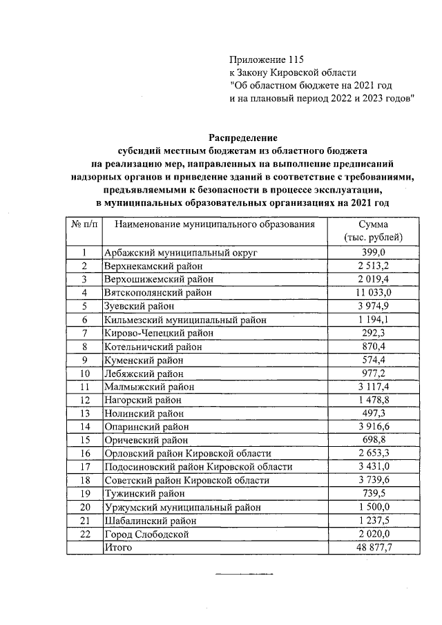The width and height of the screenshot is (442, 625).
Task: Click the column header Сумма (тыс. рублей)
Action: point(373,231)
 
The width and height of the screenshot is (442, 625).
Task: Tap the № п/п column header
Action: point(84,224)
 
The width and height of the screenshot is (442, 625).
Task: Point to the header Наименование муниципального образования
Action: point(215,224)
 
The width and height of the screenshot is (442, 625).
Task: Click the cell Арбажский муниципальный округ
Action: point(180,253)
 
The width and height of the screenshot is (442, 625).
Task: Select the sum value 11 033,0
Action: point(373,293)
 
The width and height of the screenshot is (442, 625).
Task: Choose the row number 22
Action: point(84,534)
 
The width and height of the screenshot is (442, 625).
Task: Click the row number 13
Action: point(84,413)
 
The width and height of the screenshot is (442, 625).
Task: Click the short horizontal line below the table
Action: point(244,574)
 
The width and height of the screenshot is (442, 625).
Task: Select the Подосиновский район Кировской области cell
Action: point(198,467)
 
